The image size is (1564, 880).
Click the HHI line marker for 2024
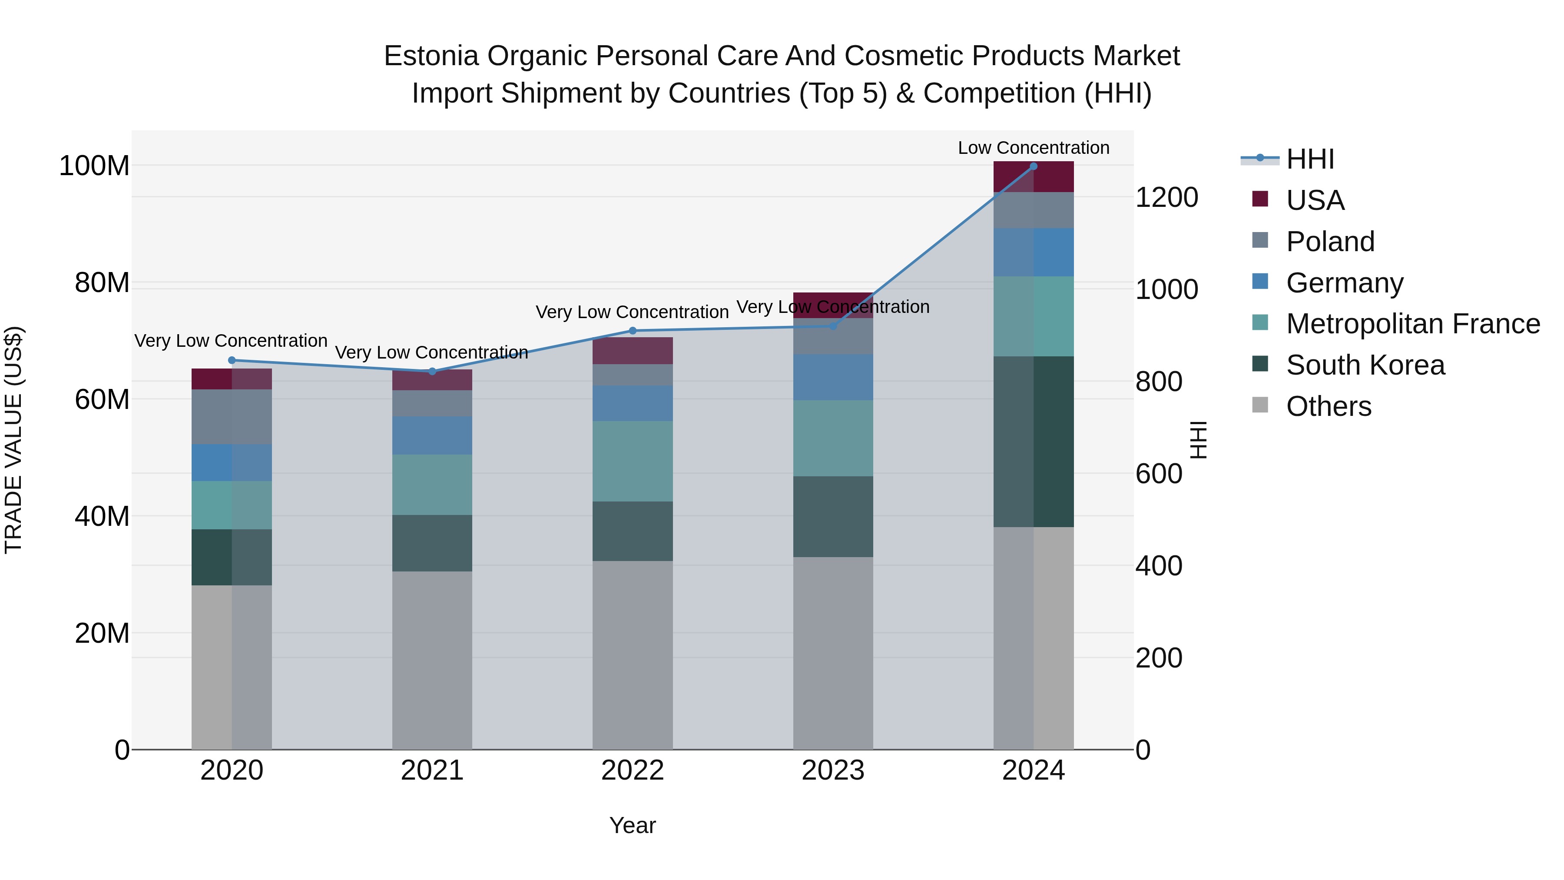coord(1034,166)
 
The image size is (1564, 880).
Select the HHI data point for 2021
coord(432,371)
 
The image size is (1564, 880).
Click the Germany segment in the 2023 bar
coord(833,377)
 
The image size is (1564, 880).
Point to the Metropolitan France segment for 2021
coord(432,485)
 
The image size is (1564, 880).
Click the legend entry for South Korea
coord(1365,365)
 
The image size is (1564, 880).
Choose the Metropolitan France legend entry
coord(1413,324)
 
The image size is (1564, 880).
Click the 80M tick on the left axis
coord(102,283)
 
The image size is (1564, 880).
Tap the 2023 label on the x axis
coord(833,770)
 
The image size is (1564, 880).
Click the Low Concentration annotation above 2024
coord(1034,148)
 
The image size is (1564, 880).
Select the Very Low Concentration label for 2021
coord(432,352)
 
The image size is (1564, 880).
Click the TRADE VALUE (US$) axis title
coord(13,440)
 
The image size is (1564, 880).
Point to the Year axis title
coord(633,825)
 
